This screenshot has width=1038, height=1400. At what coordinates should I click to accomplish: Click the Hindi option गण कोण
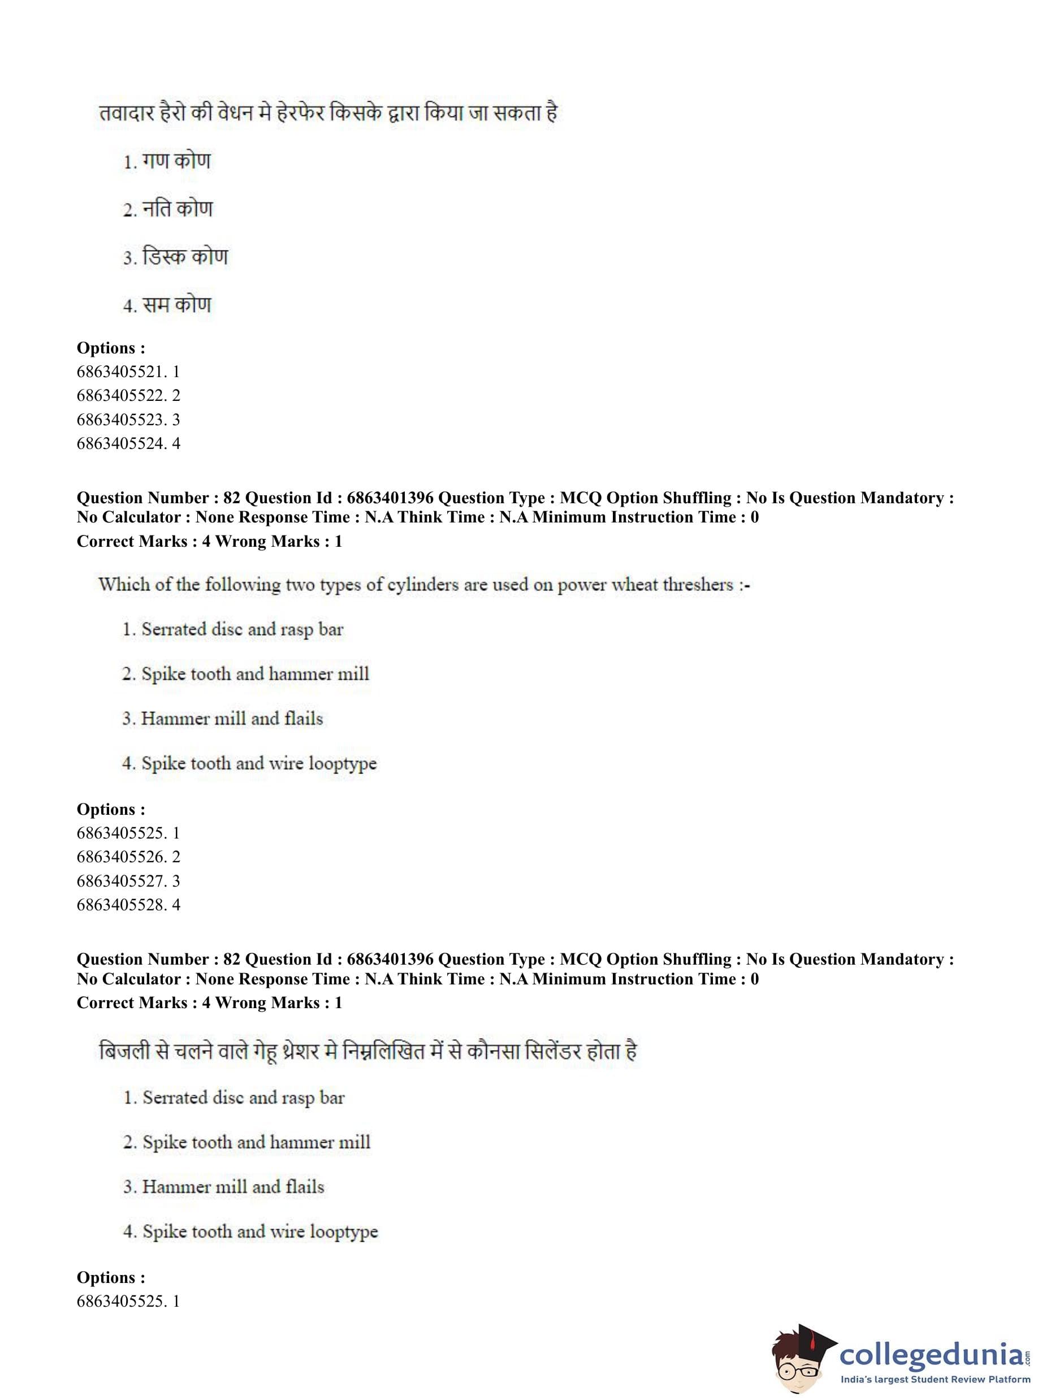coord(176,162)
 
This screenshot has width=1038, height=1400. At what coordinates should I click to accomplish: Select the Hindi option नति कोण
coord(177,209)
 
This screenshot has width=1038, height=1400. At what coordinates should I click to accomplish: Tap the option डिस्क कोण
coord(185,257)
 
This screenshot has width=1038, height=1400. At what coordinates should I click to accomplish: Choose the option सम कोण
coord(176,305)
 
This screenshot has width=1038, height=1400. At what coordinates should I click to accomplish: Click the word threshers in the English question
coord(698,585)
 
